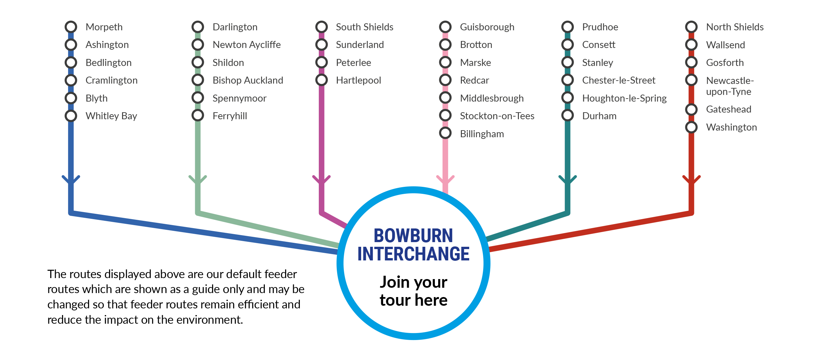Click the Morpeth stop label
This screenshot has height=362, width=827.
tap(104, 27)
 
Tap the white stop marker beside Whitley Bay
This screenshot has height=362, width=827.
tap(71, 116)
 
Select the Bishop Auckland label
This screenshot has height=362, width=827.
tap(248, 80)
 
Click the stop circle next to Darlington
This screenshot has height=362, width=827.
tap(198, 27)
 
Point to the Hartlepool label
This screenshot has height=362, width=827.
tap(358, 80)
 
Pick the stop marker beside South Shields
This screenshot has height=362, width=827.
tap(322, 27)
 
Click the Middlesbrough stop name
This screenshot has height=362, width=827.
tap(492, 98)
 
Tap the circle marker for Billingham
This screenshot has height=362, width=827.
tap(446, 133)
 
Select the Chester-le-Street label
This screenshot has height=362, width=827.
tap(619, 80)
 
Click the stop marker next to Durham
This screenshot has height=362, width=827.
tap(568, 116)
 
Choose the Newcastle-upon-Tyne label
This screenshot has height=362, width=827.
tap(730, 86)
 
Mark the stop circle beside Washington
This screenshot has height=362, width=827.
tap(692, 127)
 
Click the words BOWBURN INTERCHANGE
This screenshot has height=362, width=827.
tap(414, 245)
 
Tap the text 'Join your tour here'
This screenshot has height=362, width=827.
tap(414, 291)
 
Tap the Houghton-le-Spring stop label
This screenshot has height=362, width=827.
tap(624, 98)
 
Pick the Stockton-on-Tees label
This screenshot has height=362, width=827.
tap(497, 116)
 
